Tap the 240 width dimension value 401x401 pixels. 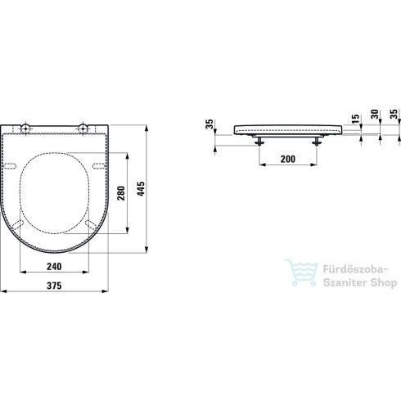click(x=54, y=266)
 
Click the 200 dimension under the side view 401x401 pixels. click(x=286, y=158)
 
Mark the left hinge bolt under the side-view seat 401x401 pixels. click(x=261, y=140)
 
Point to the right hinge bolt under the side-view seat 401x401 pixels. click(x=315, y=140)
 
